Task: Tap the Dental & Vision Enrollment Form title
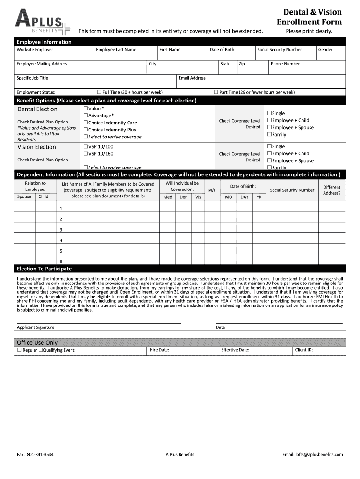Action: coord(309,17)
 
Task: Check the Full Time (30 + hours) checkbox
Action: coord(99,92)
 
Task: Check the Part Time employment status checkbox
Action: coord(216,92)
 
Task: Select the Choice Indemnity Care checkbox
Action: coord(86,123)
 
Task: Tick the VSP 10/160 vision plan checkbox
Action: coord(86,153)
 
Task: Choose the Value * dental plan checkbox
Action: coord(86,109)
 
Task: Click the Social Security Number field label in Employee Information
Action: coord(280,50)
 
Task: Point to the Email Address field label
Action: coord(192,78)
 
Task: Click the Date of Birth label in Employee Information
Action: coord(222,50)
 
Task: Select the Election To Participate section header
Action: coord(44,269)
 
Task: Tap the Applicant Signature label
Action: coord(36,327)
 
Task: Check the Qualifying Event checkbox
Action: coord(41,350)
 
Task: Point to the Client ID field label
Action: coord(304,350)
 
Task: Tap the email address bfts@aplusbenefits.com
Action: coord(319,454)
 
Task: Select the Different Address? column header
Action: coord(332,190)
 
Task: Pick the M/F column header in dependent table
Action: coord(212,190)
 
